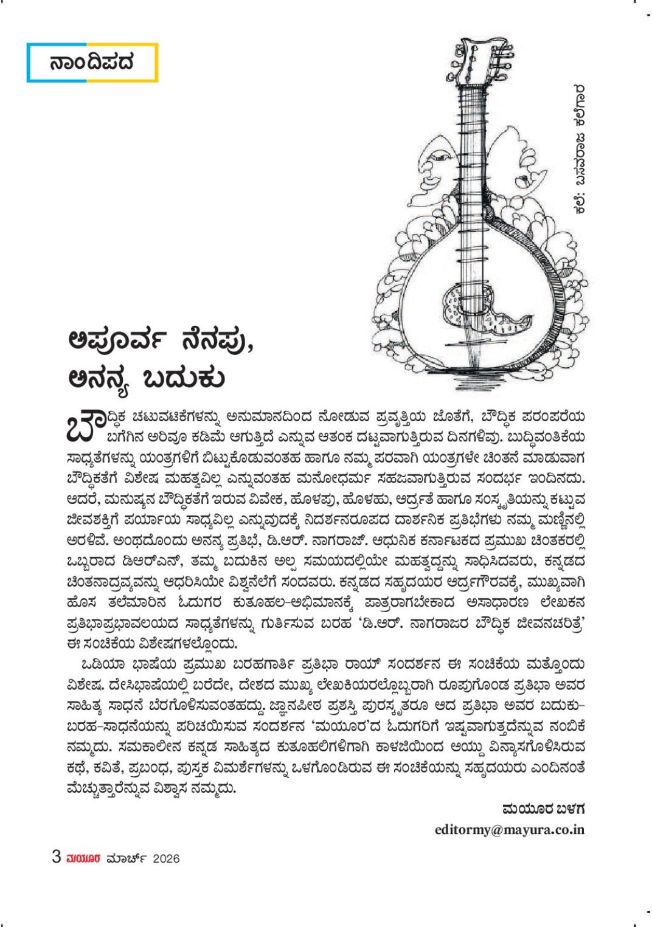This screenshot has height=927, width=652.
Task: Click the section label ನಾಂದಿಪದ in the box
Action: (92, 62)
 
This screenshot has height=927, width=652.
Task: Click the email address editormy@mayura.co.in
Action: (510, 829)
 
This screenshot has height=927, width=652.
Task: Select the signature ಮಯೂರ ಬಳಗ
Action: (543, 809)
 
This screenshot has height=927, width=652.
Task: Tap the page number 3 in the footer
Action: (57, 857)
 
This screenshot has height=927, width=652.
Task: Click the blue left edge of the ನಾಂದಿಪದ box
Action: (28, 62)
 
